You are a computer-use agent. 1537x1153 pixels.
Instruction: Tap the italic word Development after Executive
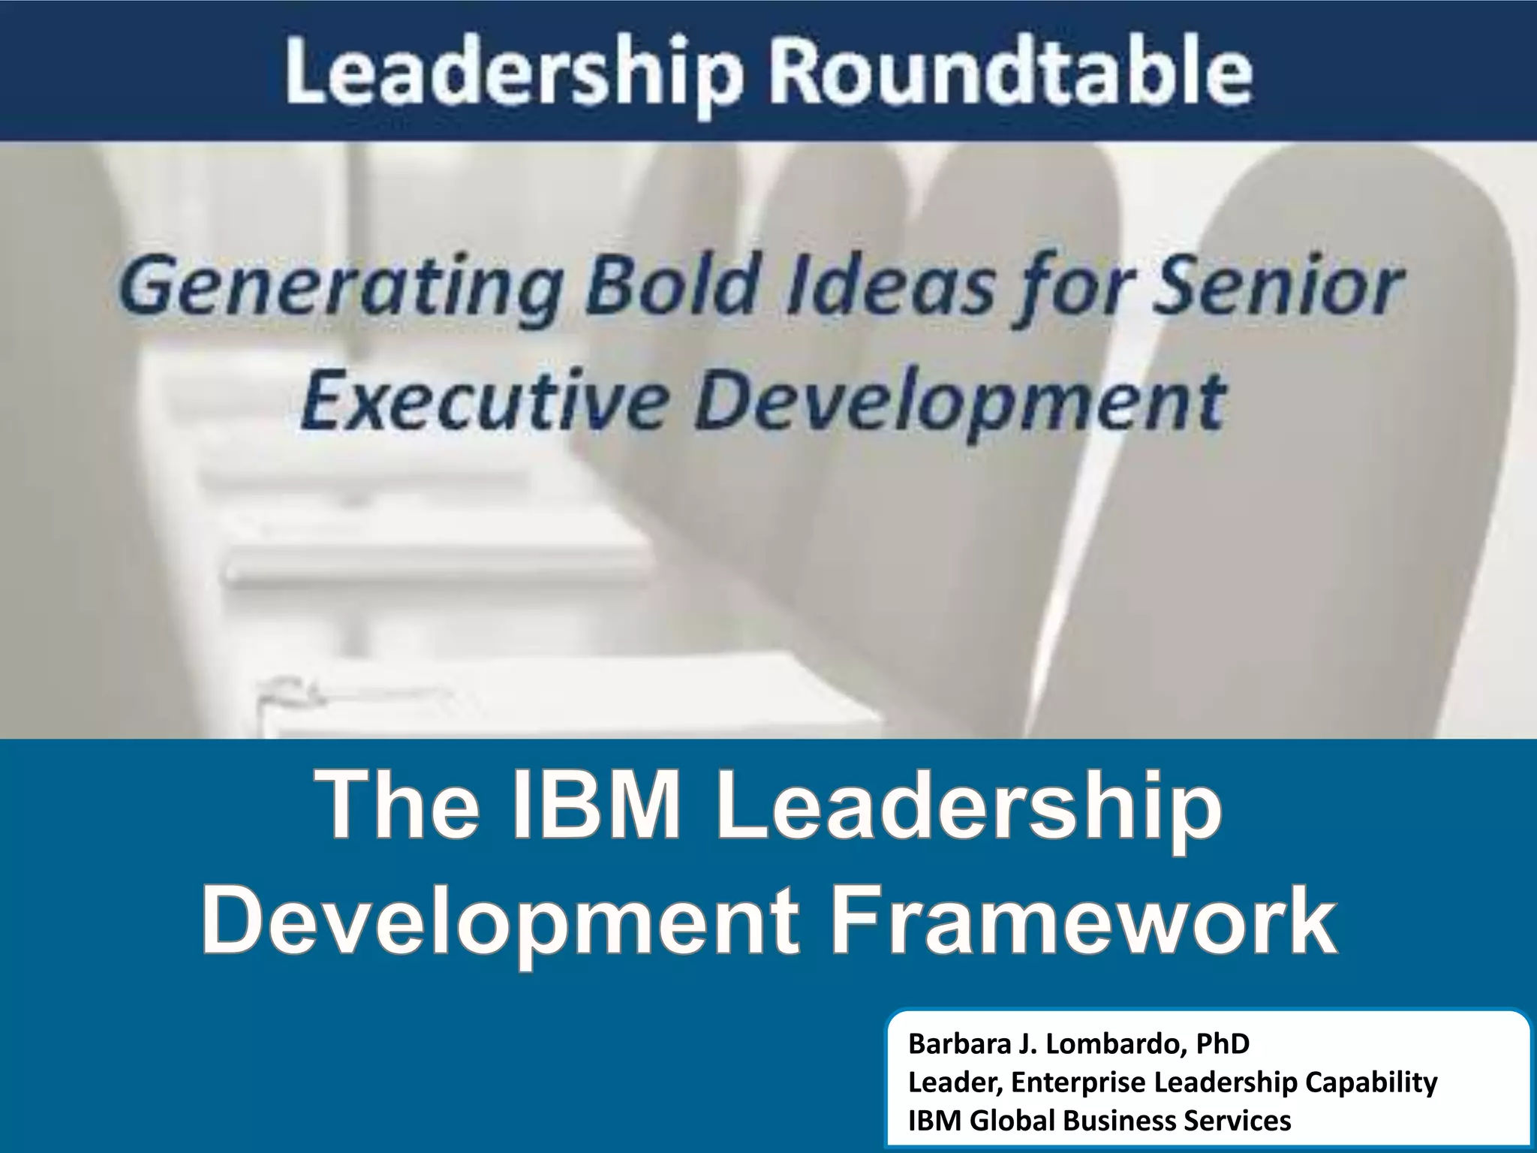pyautogui.click(x=961, y=402)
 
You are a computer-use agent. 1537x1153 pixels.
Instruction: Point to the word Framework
pyautogui.click(x=1084, y=920)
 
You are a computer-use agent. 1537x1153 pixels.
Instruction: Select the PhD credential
pyautogui.click(x=1223, y=1043)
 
